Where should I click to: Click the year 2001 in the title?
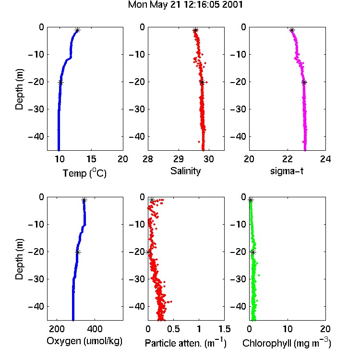coord(233,5)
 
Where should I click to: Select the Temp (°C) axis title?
coord(84,173)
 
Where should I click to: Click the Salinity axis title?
coord(185,171)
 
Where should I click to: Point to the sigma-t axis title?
coord(287,171)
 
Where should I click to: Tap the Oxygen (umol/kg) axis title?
coord(84,341)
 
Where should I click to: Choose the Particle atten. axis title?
coord(186,343)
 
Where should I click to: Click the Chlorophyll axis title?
coord(287,343)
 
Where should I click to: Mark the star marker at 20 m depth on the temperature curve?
coord(60,83)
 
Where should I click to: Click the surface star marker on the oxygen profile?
coord(84,200)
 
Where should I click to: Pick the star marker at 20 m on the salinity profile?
coord(202,83)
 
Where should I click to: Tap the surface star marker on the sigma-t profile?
coord(292,30)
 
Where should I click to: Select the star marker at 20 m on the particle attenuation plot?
coord(148,252)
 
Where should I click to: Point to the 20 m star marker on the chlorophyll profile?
coord(253,252)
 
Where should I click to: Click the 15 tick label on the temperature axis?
coord(91,159)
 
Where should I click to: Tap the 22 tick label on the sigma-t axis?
coord(287,159)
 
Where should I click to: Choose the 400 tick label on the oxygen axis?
coord(95,329)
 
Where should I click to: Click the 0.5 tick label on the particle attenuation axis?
coord(173,329)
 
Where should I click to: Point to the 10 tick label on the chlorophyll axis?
coord(288,329)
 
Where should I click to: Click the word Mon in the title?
coord(137,5)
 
